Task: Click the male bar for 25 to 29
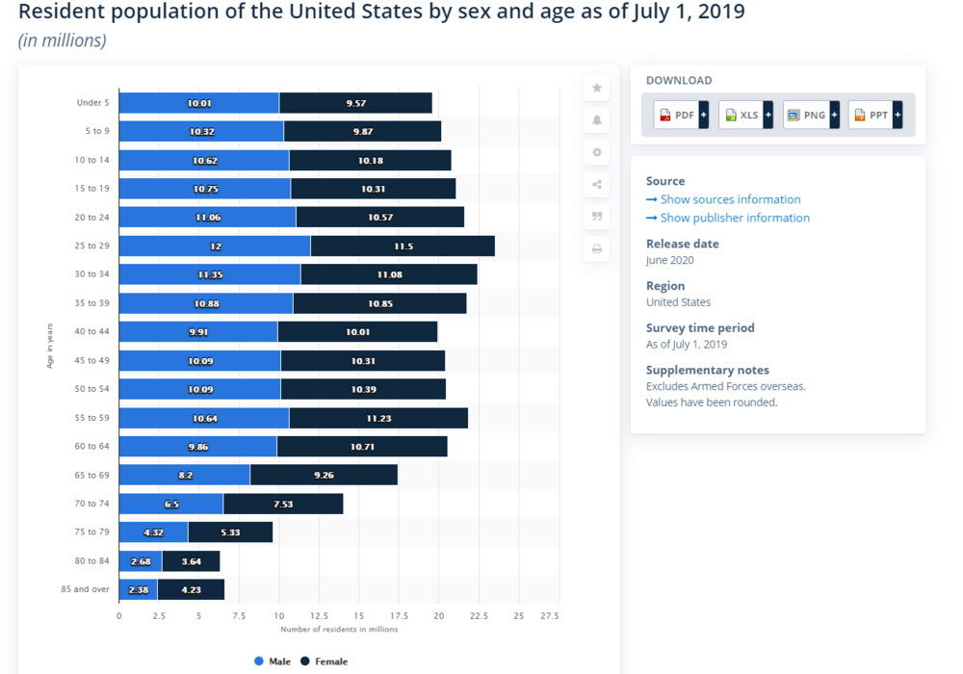[x=215, y=246]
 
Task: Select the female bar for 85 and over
[x=191, y=589]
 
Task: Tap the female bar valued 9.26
[x=324, y=475]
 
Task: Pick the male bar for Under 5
[x=199, y=103]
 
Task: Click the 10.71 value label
[x=362, y=447]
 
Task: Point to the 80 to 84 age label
[x=92, y=560]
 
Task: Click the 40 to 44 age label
[x=92, y=331]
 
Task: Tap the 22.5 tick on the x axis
[x=479, y=614]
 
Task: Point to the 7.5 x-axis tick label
[x=239, y=614]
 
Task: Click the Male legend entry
[x=273, y=661]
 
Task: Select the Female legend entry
[x=325, y=661]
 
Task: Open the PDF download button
[x=681, y=116]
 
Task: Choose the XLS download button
[x=745, y=116]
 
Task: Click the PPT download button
[x=874, y=116]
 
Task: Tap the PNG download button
[x=810, y=116]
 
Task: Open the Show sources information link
[x=730, y=199]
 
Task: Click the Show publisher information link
[x=735, y=218]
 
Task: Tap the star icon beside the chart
[x=597, y=88]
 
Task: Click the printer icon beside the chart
[x=597, y=248]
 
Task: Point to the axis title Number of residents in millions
[x=339, y=630]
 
